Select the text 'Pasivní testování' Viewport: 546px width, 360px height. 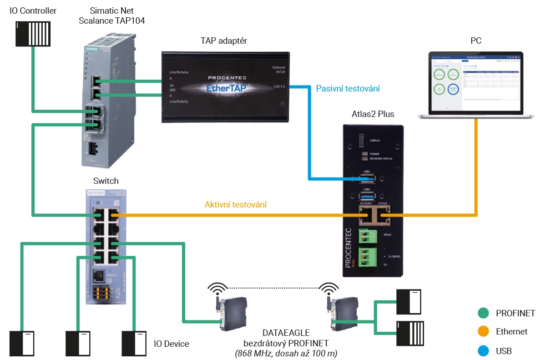pyautogui.click(x=348, y=88)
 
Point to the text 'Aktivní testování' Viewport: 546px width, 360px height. pyautogui.click(x=236, y=205)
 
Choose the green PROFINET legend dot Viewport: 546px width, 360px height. pyautogui.click(x=483, y=313)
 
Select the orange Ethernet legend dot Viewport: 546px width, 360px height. pyautogui.click(x=483, y=332)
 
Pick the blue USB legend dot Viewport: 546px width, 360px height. pyautogui.click(x=483, y=350)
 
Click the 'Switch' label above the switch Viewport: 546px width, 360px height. pyautogui.click(x=106, y=181)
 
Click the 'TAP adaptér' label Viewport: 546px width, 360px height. pyautogui.click(x=224, y=41)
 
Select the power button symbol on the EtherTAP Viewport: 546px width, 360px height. pyautogui.click(x=282, y=104)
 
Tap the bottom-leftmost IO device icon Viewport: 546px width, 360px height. pyautogui.click(x=22, y=344)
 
